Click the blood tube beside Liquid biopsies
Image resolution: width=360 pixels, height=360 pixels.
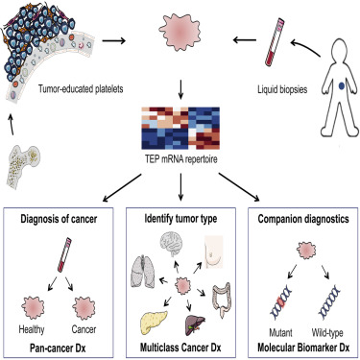pos(275,42)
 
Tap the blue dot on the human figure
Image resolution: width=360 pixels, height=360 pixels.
pos(342,85)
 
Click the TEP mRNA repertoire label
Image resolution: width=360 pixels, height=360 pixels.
pos(180,159)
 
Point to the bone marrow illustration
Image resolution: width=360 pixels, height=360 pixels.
pos(24,165)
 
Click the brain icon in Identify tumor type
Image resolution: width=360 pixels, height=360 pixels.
pos(173,244)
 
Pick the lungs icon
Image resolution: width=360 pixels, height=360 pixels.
pos(143,272)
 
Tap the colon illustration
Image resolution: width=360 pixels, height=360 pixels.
pos(222,300)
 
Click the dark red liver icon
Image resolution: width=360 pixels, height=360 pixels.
pos(195,325)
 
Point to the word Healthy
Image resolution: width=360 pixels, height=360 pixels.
pos(32,329)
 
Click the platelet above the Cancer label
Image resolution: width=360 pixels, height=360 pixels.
pos(84,308)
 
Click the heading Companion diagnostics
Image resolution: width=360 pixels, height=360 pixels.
pos(303,219)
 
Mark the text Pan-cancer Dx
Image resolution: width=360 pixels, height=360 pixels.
pos(58,348)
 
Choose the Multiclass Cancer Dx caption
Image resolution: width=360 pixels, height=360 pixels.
pos(180,348)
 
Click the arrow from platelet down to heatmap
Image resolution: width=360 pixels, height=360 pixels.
pos(180,90)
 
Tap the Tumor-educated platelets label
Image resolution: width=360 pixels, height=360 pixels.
pos(81,88)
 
